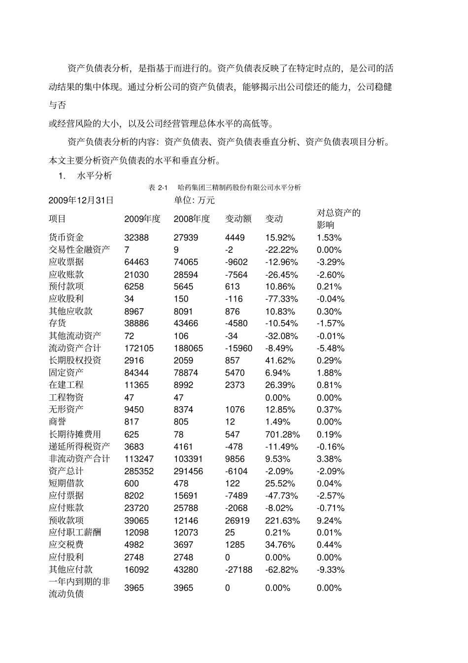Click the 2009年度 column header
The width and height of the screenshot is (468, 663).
(142, 219)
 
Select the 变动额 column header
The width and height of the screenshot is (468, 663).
(238, 219)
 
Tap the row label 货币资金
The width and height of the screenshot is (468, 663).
(66, 238)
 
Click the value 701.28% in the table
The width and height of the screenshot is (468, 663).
(282, 434)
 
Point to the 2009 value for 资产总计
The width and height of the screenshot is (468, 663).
(139, 471)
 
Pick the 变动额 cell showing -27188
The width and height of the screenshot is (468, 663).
(238, 570)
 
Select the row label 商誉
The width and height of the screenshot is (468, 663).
(57, 422)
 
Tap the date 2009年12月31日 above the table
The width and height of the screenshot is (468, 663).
(81, 200)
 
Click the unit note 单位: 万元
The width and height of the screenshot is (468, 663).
(194, 200)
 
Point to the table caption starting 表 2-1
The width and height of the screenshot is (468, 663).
(224, 188)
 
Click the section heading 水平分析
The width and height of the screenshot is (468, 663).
(95, 175)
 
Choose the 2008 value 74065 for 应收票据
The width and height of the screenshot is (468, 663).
(186, 262)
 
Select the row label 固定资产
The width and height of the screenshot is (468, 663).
(66, 373)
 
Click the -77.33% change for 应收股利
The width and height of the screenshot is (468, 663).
(281, 299)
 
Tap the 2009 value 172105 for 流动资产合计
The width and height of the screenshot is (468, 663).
(139, 349)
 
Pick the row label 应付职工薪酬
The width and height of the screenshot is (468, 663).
(75, 532)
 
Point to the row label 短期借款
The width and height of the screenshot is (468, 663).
(66, 484)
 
